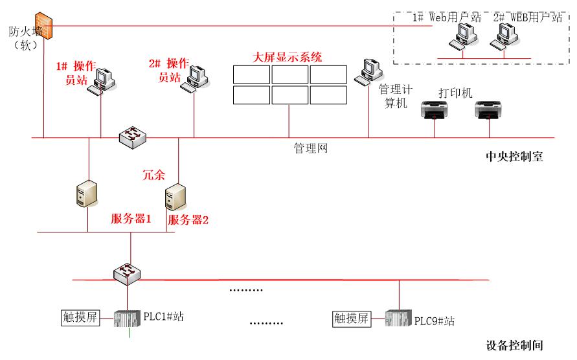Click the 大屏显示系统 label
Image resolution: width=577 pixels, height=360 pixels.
(288, 57)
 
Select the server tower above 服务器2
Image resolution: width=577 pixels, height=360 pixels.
(174, 197)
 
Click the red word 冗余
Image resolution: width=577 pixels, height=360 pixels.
(153, 174)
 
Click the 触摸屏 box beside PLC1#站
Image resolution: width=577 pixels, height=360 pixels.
(80, 318)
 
